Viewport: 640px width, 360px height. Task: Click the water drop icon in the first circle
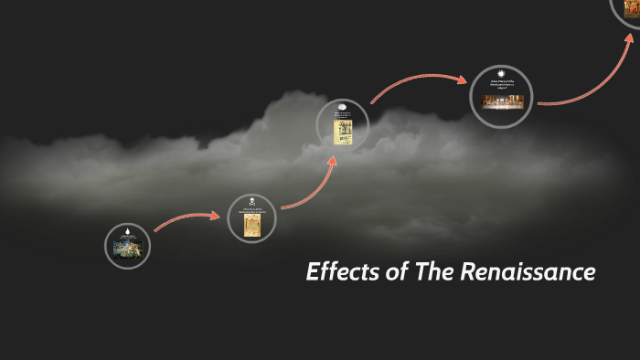tap(127, 232)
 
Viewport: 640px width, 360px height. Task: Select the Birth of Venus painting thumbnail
tap(127, 249)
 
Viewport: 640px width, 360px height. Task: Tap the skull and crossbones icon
tap(251, 201)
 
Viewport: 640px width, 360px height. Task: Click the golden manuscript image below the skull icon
tap(251, 225)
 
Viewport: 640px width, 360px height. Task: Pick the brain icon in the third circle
tap(343, 107)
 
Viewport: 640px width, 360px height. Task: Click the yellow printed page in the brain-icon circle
tap(343, 132)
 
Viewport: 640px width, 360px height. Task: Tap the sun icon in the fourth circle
tap(501, 74)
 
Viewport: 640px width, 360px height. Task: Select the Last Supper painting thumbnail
tap(501, 100)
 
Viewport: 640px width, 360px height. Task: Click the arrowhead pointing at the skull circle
tap(222, 216)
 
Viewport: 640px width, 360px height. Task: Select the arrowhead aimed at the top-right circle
tap(631, 37)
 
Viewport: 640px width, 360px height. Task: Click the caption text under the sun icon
tap(501, 85)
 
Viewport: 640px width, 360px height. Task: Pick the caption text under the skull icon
tap(251, 211)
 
